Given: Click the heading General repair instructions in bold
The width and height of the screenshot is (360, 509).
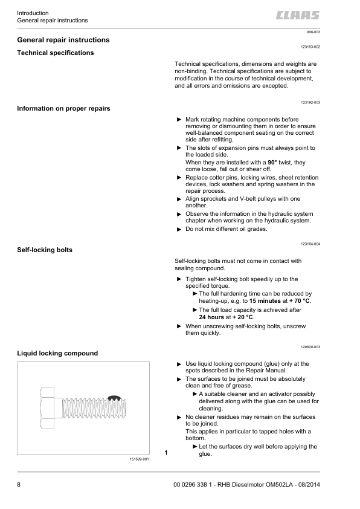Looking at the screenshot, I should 63,40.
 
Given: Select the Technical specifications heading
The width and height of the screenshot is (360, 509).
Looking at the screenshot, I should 56,53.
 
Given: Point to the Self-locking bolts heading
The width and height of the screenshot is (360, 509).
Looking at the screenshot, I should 45,250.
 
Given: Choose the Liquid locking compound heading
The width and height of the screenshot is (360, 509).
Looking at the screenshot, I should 58,353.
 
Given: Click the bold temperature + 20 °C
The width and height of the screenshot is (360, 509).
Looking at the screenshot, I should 244,317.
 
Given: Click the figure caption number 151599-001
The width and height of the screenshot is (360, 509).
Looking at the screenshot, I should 139,459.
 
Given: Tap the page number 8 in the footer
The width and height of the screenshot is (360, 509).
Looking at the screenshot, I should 19,485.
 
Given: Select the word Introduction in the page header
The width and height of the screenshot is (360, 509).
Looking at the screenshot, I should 33,13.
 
